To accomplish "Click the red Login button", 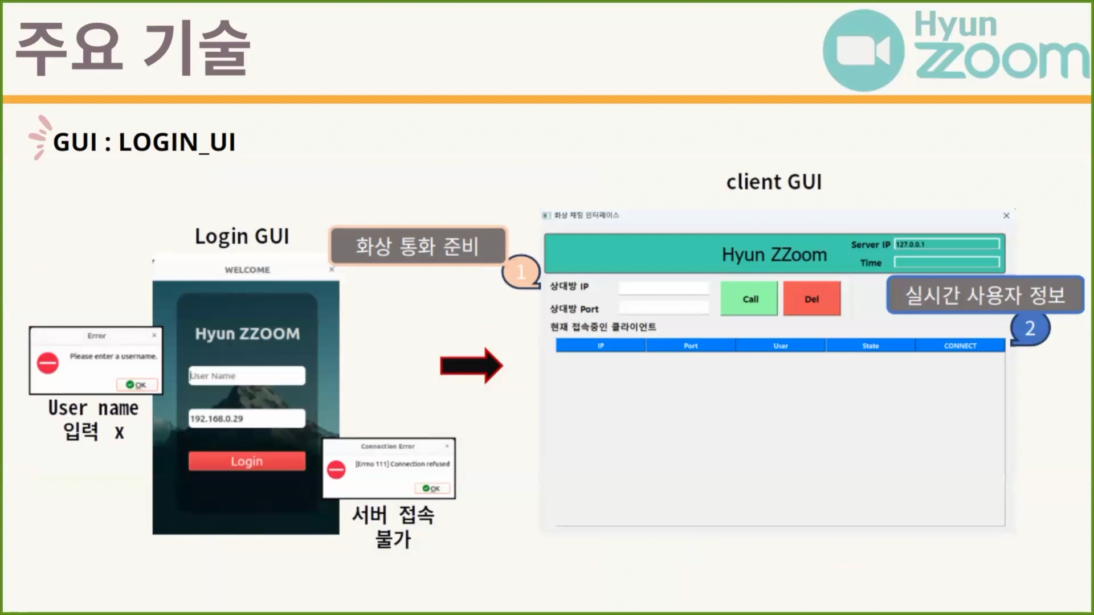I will point(247,461).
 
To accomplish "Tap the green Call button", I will point(749,298).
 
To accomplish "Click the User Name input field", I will point(247,376).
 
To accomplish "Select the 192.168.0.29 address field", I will point(247,419).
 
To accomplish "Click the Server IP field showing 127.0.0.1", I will point(946,244).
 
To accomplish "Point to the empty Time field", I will point(946,262).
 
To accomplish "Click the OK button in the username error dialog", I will point(137,385).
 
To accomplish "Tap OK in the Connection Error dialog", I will point(432,489).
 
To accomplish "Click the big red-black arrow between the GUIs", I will point(471,366).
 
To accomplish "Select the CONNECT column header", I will point(960,346).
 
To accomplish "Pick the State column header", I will point(870,346).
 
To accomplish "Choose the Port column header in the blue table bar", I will point(691,346).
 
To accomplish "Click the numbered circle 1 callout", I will point(521,272).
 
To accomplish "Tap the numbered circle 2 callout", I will point(1030,329).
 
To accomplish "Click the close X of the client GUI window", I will point(1006,215).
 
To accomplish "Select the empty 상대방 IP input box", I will point(663,288).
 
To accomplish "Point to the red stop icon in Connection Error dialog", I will point(336,470).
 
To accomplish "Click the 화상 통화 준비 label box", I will point(418,246).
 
